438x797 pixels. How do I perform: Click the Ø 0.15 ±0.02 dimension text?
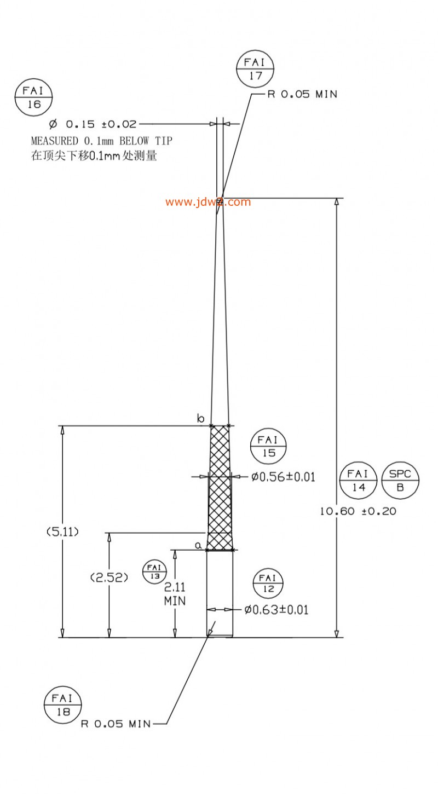[x=93, y=124]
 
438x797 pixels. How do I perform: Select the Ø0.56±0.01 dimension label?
[x=283, y=477]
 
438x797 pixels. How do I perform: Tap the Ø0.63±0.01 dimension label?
[x=276, y=610]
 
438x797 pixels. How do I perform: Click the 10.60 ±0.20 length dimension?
[x=358, y=511]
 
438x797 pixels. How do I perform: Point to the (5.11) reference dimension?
[x=62, y=532]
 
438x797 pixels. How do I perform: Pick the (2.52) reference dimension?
[x=109, y=577]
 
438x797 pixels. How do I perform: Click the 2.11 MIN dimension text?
[x=175, y=594]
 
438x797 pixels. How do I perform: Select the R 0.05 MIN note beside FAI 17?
[x=302, y=94]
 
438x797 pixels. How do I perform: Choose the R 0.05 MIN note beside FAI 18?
[x=116, y=724]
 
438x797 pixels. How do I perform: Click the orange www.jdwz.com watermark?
[x=208, y=202]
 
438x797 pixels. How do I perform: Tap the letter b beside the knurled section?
[x=201, y=418]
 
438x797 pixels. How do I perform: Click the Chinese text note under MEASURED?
[x=94, y=156]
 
